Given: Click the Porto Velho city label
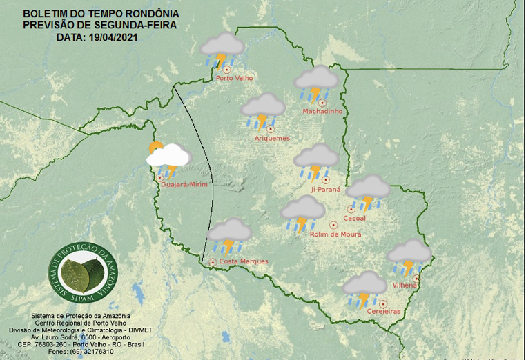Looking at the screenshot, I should point(235,79).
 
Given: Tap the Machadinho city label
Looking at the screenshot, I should point(322,112).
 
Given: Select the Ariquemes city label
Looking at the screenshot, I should point(272,138).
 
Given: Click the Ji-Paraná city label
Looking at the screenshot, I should point(327,189).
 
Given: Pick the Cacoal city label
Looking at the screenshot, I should point(354,219).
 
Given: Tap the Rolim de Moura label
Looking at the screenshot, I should point(335,234).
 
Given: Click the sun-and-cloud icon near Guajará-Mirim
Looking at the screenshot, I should point(166,158).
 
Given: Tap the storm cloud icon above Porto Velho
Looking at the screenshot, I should point(222,49).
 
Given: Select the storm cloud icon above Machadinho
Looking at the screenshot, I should point(316,82).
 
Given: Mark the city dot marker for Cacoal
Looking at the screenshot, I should point(351,209).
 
